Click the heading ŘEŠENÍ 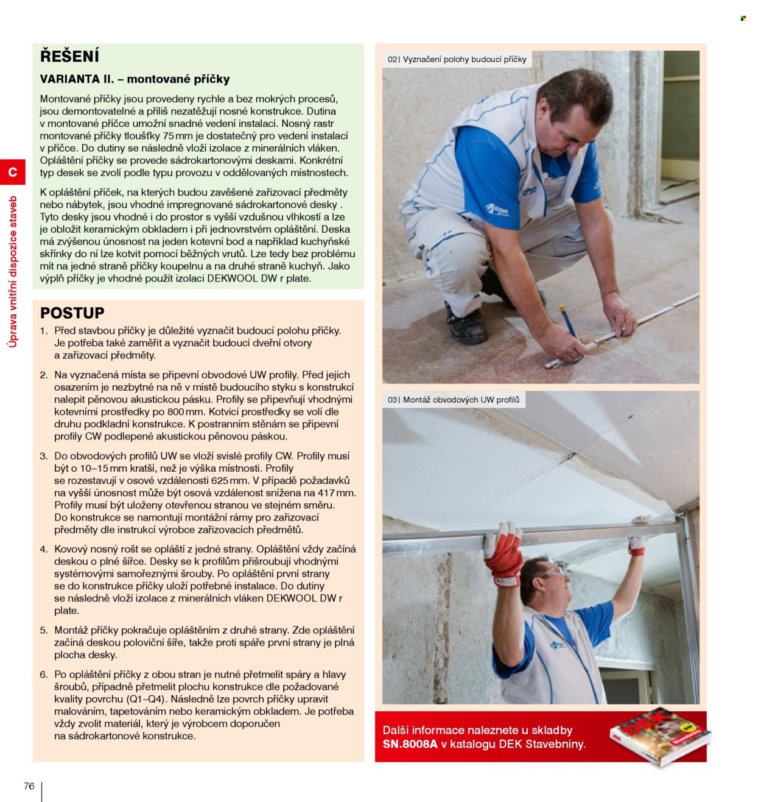[69, 56]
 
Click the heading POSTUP [72, 313]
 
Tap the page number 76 [29, 786]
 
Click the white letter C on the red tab [13, 172]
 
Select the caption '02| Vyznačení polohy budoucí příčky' [457, 60]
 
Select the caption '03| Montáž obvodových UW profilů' [454, 400]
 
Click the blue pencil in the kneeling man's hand [567, 321]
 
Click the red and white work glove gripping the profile [504, 553]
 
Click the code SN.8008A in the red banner [410, 744]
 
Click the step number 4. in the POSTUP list [44, 549]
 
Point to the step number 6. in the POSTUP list [44, 674]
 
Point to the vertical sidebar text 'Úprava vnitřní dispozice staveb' [13, 272]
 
